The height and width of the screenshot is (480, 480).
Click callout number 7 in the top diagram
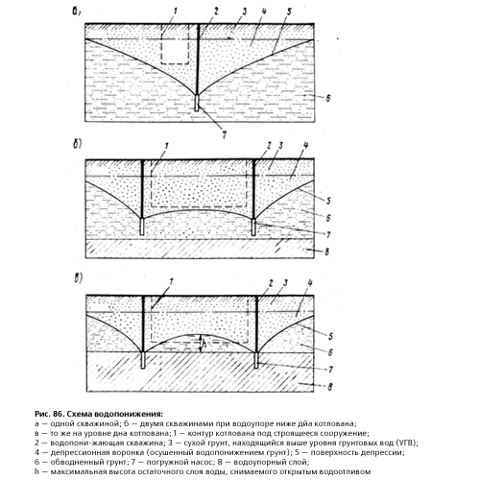point(224,134)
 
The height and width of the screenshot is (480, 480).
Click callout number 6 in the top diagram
point(328,98)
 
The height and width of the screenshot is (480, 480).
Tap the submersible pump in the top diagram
point(197,103)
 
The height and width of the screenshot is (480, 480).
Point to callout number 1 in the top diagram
point(175,12)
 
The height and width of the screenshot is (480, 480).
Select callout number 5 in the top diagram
point(289,12)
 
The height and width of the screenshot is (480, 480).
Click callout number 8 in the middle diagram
point(326,252)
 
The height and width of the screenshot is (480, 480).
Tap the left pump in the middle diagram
point(142,227)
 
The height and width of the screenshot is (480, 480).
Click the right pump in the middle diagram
point(253,228)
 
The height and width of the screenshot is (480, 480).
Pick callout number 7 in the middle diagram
point(328,235)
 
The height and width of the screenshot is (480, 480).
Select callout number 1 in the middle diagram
point(166,146)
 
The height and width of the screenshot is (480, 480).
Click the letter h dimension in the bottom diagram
point(205,344)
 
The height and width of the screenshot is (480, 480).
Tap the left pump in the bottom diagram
point(143,360)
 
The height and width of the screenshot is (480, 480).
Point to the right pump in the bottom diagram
point(256,360)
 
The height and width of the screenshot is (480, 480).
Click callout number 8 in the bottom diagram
point(329,387)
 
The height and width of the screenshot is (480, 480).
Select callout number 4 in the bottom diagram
point(310,283)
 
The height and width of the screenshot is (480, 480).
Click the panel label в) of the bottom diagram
point(79,278)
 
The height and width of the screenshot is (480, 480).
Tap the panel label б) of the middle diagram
point(77,144)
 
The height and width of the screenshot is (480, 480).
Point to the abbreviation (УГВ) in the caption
point(408,443)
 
